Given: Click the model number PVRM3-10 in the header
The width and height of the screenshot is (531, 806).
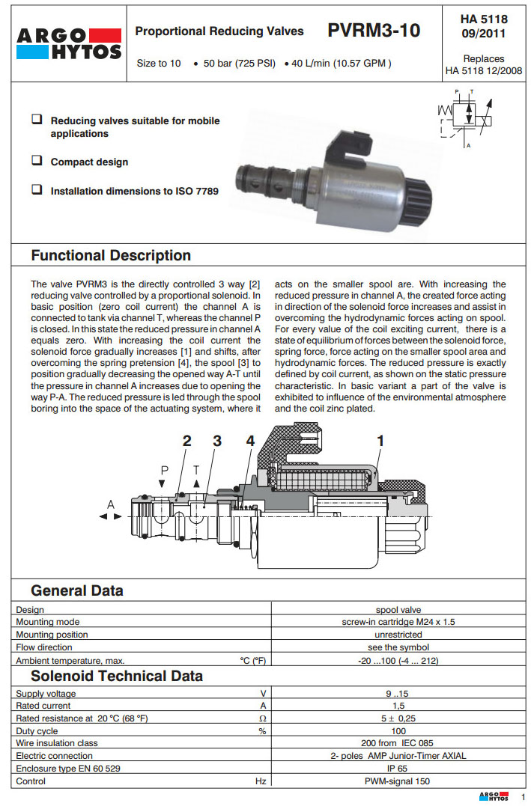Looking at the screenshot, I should click(374, 31).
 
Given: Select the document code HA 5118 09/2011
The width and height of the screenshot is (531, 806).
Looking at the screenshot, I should click(484, 26).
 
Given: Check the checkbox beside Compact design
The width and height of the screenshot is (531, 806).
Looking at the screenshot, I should click(36, 161).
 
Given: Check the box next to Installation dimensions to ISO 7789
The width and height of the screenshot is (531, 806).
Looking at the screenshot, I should click(36, 190).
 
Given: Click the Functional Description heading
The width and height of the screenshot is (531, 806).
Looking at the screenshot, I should click(111, 255).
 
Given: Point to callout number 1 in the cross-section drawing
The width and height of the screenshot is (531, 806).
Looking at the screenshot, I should click(380, 442).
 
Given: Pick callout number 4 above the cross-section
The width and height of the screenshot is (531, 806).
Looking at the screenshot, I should click(250, 442).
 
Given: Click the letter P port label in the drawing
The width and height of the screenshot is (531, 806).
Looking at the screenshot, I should click(165, 469).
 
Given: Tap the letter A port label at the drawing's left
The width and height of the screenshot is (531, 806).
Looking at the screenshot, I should click(111, 505).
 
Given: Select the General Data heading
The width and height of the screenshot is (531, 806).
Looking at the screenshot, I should click(77, 590).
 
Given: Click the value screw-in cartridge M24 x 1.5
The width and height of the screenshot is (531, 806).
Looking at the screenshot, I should click(398, 622).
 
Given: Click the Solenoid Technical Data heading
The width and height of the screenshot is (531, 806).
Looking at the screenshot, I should click(117, 676).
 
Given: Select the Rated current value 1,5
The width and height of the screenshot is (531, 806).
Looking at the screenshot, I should click(398, 706).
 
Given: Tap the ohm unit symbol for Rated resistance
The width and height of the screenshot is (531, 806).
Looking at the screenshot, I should click(262, 718).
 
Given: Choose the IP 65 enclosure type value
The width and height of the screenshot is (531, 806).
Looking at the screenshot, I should click(398, 769).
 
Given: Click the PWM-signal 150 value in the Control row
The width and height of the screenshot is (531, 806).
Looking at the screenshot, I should click(398, 781).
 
